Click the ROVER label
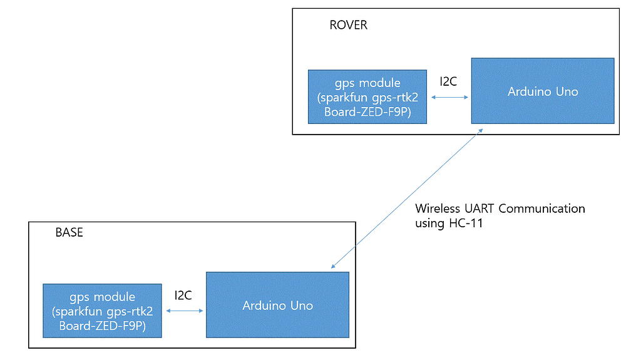[x=348, y=26]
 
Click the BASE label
[x=69, y=232]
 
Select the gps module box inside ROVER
[x=367, y=97]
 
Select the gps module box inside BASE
[x=102, y=311]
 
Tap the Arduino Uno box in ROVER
[x=542, y=91]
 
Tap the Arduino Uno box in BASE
[x=277, y=305]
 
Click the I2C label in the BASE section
[x=183, y=294]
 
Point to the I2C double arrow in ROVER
[x=450, y=98]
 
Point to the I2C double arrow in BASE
[x=184, y=311]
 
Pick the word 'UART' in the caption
[x=479, y=208]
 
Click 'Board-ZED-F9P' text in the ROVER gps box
[x=367, y=112]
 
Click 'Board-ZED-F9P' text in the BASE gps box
[x=102, y=326]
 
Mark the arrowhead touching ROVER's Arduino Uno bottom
[x=479, y=130]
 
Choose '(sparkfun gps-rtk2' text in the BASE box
[x=102, y=311]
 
